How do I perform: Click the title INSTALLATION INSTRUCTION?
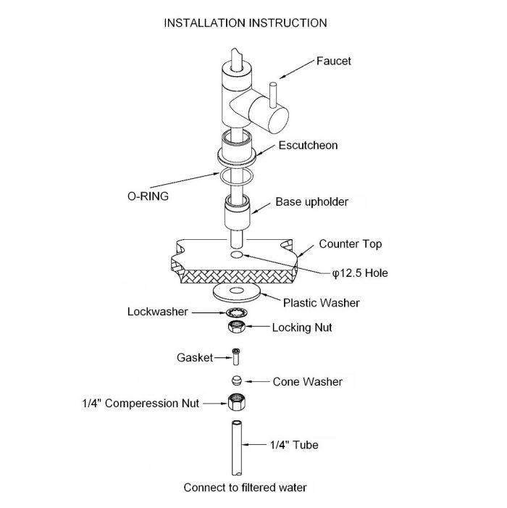[245, 23]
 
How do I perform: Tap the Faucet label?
[334, 61]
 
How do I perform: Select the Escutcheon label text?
[309, 145]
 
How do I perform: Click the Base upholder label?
[312, 201]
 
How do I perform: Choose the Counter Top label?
[351, 244]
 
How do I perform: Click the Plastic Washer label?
[321, 302]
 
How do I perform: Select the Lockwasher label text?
[158, 312]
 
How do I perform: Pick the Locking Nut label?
[302, 328]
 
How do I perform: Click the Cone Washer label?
[308, 381]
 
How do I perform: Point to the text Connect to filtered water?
[245, 487]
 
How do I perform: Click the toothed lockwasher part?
[236, 312]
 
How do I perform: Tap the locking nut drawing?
[236, 328]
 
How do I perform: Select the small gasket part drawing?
[235, 357]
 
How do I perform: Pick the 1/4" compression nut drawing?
[235, 401]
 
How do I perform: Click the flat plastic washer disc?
[237, 292]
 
